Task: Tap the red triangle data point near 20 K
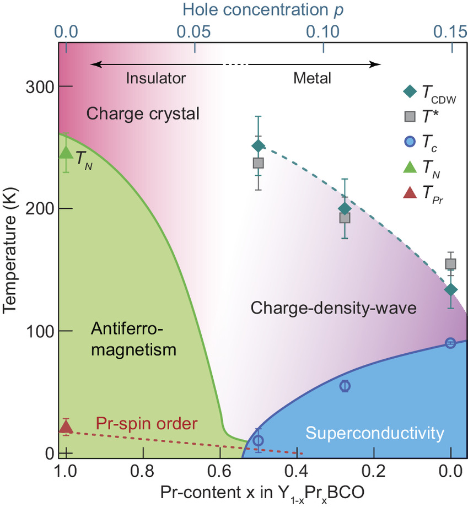66,427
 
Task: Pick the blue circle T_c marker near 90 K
450,343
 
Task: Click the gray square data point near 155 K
450,264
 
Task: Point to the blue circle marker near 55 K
345,386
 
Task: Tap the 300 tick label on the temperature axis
38,87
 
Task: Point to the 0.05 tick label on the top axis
195,33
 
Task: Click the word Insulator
156,78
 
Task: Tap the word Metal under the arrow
312,78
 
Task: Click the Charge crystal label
143,114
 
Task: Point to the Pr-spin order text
146,424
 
